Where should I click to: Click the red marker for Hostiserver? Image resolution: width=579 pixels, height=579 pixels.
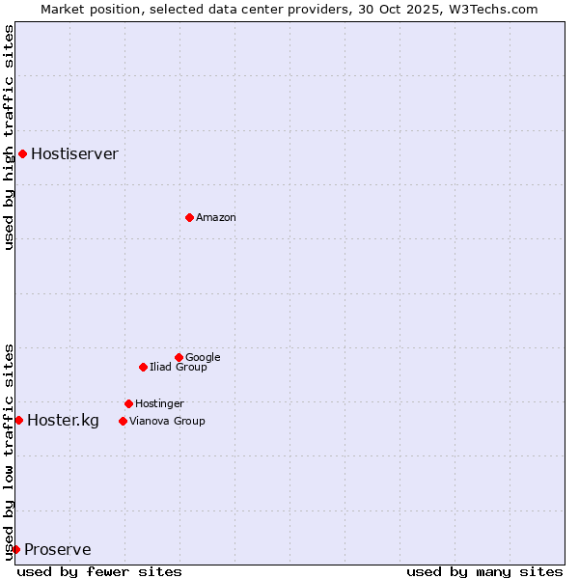click(x=22, y=153)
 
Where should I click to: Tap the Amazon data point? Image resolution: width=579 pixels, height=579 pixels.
click(x=189, y=217)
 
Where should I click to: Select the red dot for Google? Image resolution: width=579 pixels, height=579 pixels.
click(x=179, y=357)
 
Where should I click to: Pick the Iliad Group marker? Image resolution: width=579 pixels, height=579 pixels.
click(x=143, y=367)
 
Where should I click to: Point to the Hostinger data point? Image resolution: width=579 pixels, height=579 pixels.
click(x=128, y=403)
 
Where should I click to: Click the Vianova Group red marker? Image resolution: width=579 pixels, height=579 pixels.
click(x=123, y=421)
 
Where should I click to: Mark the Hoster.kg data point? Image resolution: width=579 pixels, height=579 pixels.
click(x=18, y=420)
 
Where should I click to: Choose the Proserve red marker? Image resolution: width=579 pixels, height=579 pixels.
click(x=15, y=549)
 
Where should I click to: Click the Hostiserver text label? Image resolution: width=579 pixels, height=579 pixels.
click(x=74, y=153)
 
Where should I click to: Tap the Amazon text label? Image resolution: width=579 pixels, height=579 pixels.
click(x=216, y=218)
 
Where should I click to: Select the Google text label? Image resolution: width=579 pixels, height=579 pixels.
click(x=203, y=357)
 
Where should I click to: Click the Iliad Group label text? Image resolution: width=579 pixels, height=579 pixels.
click(x=179, y=367)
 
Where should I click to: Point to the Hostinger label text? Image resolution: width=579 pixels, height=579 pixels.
click(x=159, y=403)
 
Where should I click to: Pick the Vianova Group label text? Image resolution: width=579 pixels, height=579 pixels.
click(x=167, y=421)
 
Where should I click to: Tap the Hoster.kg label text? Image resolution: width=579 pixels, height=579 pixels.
click(x=63, y=420)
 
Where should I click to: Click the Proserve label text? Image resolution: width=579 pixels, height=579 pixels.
click(x=58, y=550)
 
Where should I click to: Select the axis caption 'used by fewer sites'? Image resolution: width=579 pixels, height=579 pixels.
click(x=99, y=571)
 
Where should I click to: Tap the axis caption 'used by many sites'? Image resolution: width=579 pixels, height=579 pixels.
click(x=484, y=571)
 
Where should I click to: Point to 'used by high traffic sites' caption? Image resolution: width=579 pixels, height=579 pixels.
click(x=9, y=137)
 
